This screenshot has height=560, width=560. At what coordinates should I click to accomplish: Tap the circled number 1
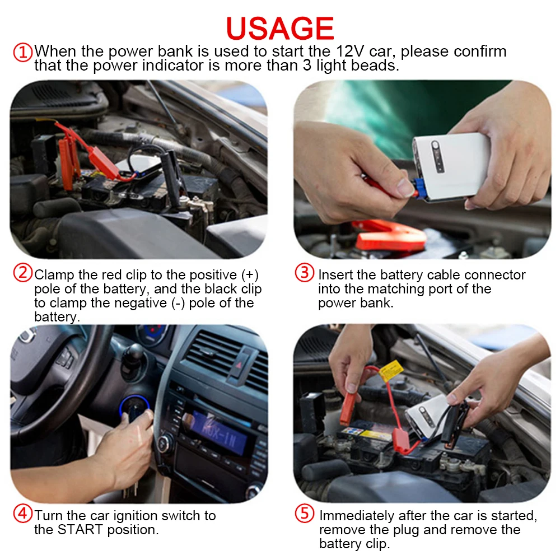click(22, 52)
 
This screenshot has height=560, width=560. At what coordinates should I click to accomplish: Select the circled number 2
click(22, 274)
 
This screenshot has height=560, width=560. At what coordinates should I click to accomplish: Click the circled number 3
click(305, 274)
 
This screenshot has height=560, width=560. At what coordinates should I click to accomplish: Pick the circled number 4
click(22, 514)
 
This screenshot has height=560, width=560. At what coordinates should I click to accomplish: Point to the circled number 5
click(305, 514)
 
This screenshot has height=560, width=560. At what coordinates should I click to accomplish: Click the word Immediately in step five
click(357, 515)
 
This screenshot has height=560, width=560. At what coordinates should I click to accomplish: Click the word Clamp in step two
click(53, 275)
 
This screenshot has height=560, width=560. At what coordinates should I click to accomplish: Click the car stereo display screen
click(218, 432)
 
